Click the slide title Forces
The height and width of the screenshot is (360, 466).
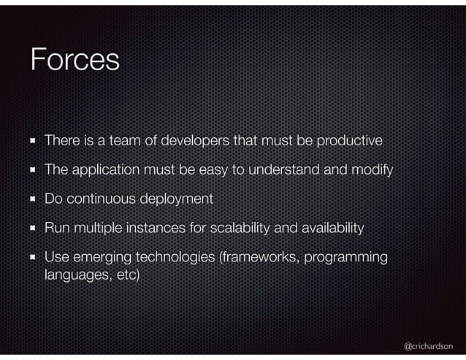point(75,60)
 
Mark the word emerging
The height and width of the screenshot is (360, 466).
point(102,258)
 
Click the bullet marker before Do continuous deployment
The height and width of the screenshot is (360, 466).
point(33,199)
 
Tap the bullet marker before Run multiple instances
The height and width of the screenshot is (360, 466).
point(33,229)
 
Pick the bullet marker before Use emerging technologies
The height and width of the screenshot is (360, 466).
point(33,258)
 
